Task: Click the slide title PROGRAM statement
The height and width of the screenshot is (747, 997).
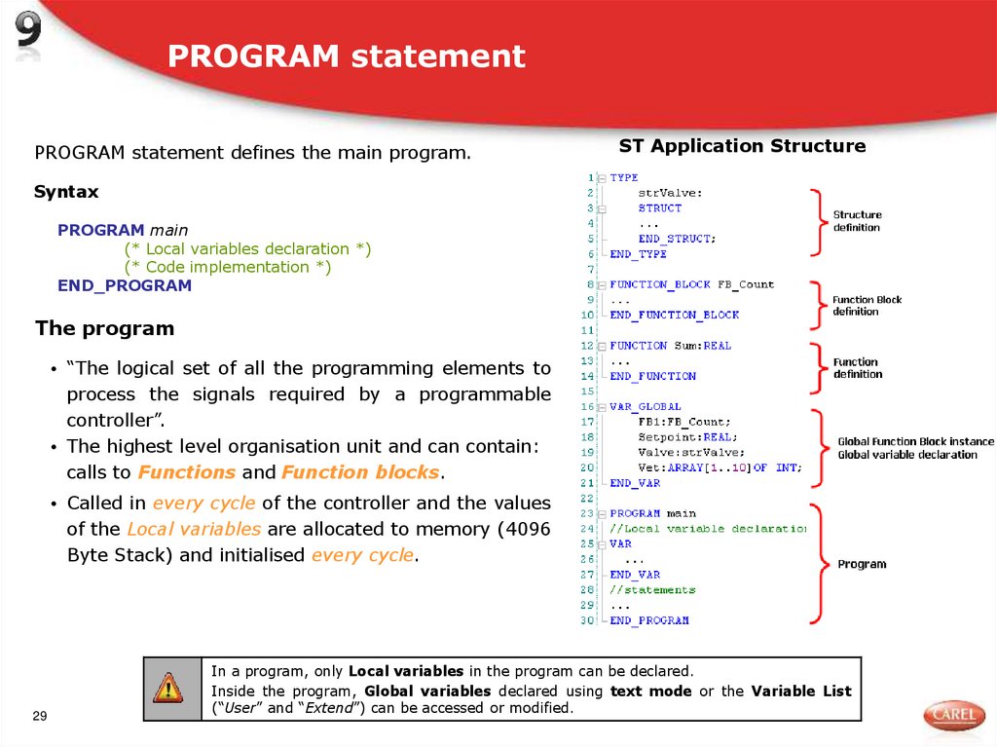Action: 346,56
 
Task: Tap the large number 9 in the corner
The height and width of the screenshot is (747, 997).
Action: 29,35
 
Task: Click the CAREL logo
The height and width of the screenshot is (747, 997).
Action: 953,716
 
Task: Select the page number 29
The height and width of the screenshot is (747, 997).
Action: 40,717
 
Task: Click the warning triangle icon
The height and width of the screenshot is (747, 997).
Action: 167,689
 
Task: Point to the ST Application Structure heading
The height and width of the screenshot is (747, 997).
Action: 742,146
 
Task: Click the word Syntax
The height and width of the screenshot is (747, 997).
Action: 66,192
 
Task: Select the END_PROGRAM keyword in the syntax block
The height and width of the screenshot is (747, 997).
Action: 125,285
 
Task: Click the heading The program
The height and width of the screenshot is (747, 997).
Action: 104,328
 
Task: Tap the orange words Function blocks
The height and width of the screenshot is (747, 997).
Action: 361,472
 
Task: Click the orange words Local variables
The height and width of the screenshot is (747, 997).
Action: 194,529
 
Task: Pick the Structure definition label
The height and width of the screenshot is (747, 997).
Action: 857,221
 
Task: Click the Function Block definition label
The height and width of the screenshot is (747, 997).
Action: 867,306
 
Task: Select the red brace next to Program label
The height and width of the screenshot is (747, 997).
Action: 817,563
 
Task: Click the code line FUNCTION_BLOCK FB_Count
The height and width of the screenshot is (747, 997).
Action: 691,284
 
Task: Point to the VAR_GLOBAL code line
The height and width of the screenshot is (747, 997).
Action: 645,406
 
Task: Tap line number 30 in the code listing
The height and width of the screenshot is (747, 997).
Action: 587,620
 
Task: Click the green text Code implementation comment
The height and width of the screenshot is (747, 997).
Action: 228,267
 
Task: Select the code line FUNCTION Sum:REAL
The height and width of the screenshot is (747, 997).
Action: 670,346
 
